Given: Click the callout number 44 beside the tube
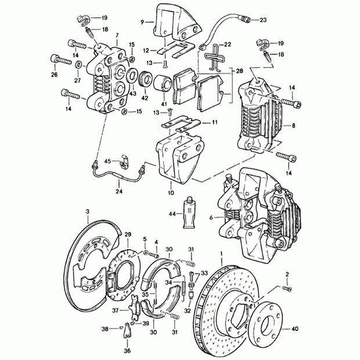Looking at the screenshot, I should tap(172, 214).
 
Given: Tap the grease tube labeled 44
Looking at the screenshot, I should tap(188, 214).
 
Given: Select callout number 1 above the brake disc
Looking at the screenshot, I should tap(221, 254).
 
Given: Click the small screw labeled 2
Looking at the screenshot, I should tap(286, 287).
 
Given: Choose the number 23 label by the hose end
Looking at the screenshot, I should tap(263, 20).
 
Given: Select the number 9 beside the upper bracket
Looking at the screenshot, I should tap(142, 23).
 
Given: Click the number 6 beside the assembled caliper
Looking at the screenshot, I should tap(211, 217).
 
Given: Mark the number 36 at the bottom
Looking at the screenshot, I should tap(128, 350).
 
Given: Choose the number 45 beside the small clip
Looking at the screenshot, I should tap(107, 161).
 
